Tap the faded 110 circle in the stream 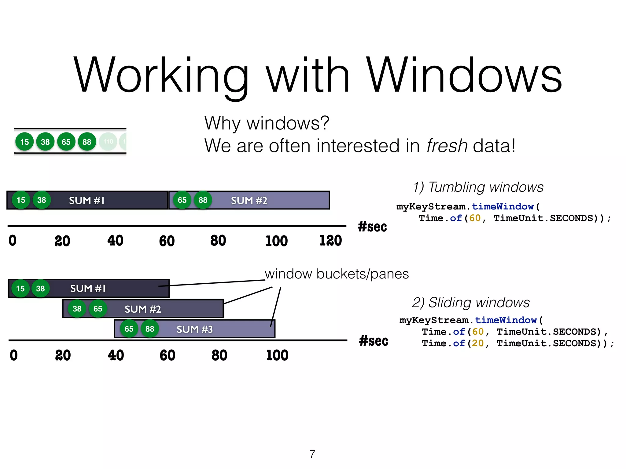pyautogui.click(x=108, y=142)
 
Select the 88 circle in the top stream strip pyautogui.click(x=87, y=142)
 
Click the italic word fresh pyautogui.click(x=447, y=146)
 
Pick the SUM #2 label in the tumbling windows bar pyautogui.click(x=249, y=201)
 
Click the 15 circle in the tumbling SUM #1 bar pyautogui.click(x=21, y=200)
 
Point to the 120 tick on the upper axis pyautogui.click(x=330, y=241)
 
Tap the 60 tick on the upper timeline pyautogui.click(x=167, y=241)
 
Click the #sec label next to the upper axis pyautogui.click(x=372, y=227)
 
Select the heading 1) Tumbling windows pyautogui.click(x=478, y=187)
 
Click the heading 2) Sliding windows pyautogui.click(x=471, y=302)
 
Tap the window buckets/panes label pyautogui.click(x=337, y=274)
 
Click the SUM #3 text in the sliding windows pyautogui.click(x=194, y=329)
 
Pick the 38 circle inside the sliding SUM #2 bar pyautogui.click(x=77, y=309)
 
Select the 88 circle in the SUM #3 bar pyautogui.click(x=150, y=329)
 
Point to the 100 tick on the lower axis pyautogui.click(x=277, y=355)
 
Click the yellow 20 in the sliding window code pyautogui.click(x=477, y=343)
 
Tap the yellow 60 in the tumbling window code pyautogui.click(x=475, y=218)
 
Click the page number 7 pyautogui.click(x=312, y=454)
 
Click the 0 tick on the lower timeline pyautogui.click(x=14, y=355)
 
